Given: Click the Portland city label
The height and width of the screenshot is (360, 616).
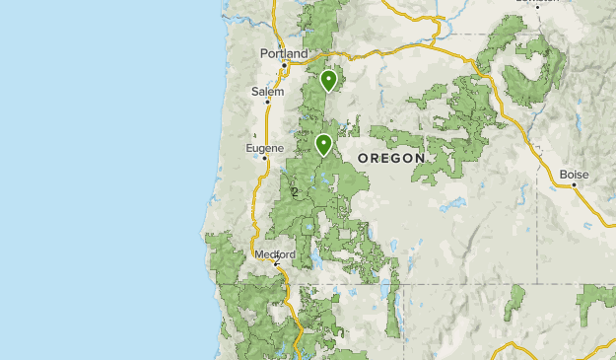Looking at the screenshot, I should tap(283, 53).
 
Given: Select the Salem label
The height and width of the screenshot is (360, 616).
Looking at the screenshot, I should tap(267, 92).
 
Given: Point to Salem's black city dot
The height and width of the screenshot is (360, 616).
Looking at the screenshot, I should tap(267, 103).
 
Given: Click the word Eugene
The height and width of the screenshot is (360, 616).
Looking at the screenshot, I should tap(264, 148).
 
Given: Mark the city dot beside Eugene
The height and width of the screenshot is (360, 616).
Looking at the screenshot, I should tap(265, 159).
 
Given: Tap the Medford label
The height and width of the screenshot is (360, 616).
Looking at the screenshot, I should tap(275, 253).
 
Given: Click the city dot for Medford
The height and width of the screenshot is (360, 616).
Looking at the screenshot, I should tap(276, 263).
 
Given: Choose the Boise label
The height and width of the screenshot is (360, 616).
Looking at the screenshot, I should tap(574, 175).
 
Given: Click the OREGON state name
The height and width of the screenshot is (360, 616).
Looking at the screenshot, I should tap(391, 158).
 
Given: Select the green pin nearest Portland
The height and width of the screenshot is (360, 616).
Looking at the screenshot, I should tap(328, 79).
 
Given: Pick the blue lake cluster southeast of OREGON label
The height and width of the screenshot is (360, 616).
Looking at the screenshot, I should tap(453, 206).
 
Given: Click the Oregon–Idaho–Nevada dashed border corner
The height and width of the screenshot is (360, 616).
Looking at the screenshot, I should tap(536, 284).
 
